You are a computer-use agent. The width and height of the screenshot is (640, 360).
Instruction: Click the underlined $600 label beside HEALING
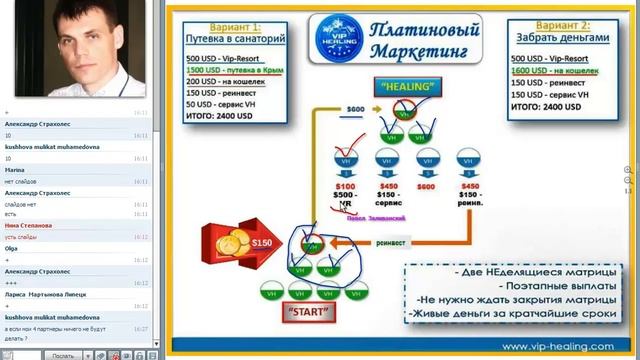pos(355,109)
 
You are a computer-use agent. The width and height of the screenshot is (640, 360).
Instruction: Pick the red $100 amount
pos(345,186)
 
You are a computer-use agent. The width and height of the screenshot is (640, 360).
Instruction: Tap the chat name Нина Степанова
pos(27,225)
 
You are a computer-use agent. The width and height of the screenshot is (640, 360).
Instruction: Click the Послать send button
pos(62,355)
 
